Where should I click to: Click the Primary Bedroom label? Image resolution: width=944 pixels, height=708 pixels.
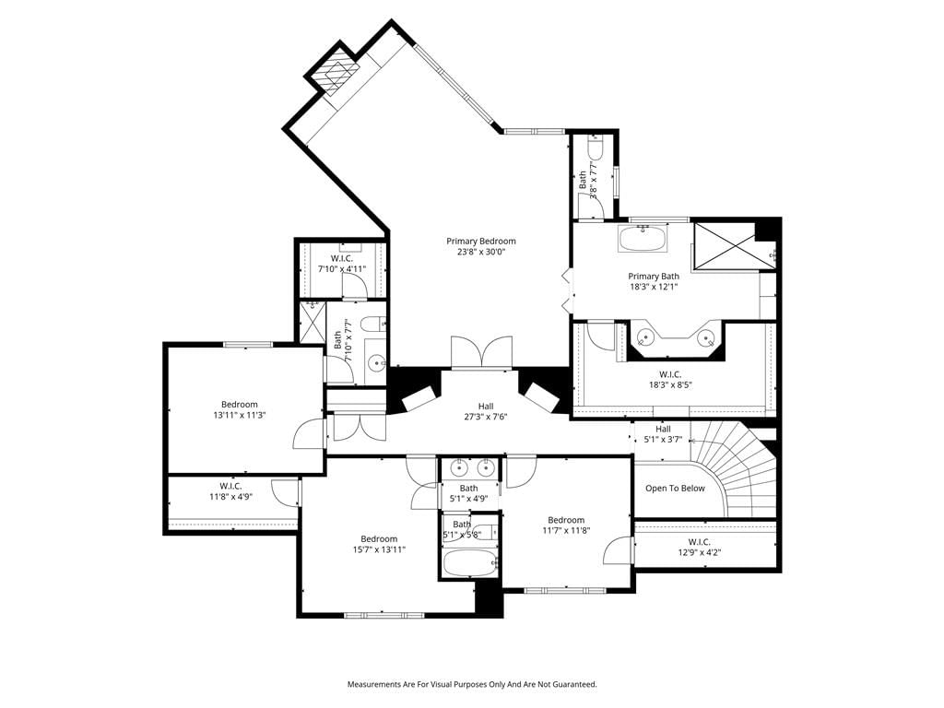481,242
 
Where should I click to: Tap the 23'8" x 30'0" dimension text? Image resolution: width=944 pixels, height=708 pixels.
481,253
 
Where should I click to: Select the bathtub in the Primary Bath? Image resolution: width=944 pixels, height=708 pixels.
643,239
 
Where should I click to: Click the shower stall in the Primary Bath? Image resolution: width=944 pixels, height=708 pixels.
725,247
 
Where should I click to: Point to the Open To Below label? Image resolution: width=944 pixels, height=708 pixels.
675,489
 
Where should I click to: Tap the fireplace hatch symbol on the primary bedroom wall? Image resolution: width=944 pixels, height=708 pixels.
334,73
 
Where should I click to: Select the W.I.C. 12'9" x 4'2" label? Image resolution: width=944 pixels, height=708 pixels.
700,547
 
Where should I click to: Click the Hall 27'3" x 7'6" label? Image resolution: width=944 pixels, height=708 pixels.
486,411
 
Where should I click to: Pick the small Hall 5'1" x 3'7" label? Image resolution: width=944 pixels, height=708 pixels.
663,434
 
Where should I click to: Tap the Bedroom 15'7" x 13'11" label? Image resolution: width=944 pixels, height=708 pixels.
379,544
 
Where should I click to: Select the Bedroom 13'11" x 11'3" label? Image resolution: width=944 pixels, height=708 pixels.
240,409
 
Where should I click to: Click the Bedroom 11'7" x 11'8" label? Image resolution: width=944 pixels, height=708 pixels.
566,525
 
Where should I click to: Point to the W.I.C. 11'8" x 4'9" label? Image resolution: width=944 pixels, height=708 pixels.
230,491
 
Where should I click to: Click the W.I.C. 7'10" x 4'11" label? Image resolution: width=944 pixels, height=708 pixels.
342,264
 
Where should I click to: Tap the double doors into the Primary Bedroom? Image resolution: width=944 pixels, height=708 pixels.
481,352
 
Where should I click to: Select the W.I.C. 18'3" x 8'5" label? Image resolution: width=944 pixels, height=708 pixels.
670,380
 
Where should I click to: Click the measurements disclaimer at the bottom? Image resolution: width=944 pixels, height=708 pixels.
472,685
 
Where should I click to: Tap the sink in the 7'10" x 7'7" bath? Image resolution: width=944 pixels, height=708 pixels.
377,362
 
